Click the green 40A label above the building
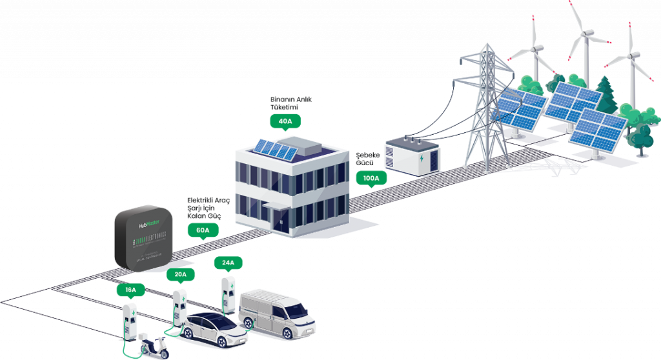(285, 121)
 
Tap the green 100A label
(371, 178)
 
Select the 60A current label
(203, 230)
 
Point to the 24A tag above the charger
(228, 263)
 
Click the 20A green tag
(180, 274)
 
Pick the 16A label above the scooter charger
(131, 290)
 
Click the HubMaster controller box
(145, 239)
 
